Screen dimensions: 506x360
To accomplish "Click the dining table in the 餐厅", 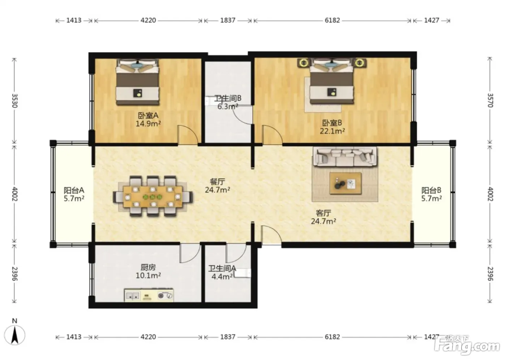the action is click(153, 197).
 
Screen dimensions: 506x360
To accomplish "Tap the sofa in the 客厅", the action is click(345, 157).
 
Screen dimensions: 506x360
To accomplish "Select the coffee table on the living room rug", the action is click(346, 183).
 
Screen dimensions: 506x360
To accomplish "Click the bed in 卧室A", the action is click(137, 82).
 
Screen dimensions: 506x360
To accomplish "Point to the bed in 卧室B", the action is click(332, 81).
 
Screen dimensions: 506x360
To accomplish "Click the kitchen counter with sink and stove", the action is click(149, 295).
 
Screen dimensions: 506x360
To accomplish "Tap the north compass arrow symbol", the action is click(15, 335).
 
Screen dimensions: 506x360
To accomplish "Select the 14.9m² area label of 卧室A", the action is click(148, 124).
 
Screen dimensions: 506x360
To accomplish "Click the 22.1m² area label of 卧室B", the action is click(332, 131).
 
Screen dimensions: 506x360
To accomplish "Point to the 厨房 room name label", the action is click(148, 267).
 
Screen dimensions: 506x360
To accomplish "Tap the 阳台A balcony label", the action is click(74, 190).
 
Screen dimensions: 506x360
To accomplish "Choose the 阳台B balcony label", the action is click(432, 190).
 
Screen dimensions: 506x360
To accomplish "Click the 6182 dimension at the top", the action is click(332, 20).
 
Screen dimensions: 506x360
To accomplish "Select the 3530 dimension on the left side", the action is click(15, 101).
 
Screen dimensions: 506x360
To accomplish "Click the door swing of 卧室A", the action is click(188, 134).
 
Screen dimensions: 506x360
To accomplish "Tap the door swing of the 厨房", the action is click(190, 253).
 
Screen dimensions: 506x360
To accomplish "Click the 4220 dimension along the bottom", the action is click(148, 337).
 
